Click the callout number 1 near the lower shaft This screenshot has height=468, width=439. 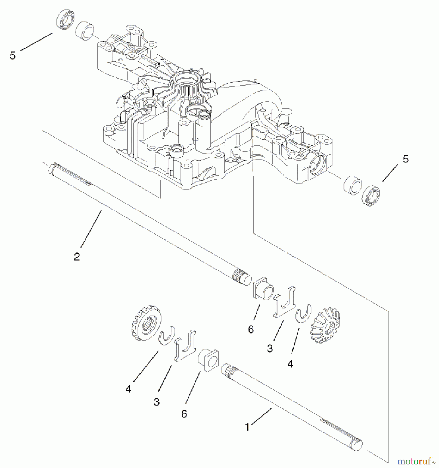click(x=247, y=427)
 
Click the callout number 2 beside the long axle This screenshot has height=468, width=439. click(x=77, y=257)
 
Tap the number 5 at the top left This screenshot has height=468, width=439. click(x=12, y=55)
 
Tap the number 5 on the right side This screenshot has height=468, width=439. click(x=406, y=159)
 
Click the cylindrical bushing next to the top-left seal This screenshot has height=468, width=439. click(x=85, y=31)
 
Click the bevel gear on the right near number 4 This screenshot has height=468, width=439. click(x=325, y=325)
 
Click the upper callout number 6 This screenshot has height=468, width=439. click(x=251, y=329)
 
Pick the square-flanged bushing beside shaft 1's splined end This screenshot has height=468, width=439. click(x=209, y=360)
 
